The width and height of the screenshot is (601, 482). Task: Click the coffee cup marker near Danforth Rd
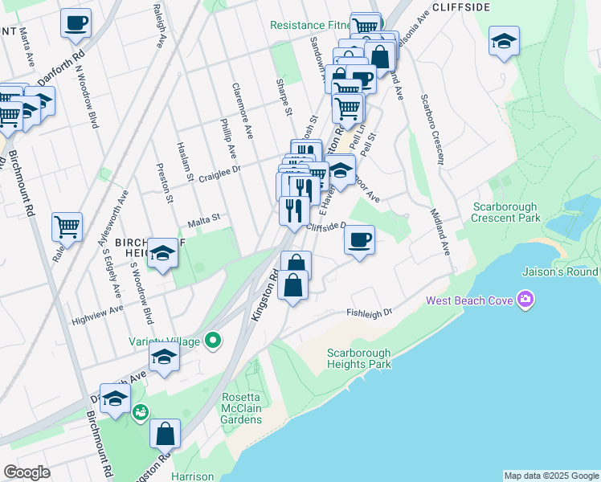(x=76, y=23)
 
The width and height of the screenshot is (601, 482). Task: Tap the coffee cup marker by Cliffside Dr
(x=359, y=239)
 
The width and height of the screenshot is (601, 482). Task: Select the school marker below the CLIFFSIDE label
(x=504, y=41)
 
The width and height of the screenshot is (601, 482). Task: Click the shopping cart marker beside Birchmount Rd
(x=67, y=227)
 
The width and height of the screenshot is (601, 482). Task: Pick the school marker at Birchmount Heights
(x=162, y=254)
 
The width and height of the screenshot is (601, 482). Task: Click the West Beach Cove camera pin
(x=526, y=300)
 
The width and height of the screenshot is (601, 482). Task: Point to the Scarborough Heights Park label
(x=359, y=358)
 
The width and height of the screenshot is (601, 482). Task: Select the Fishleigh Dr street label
(x=369, y=312)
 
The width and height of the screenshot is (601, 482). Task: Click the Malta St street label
(x=203, y=217)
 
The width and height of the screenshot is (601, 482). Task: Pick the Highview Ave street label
(x=97, y=308)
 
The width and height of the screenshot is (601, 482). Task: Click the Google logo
(x=27, y=472)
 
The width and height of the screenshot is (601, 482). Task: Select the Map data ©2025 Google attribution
(x=551, y=476)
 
